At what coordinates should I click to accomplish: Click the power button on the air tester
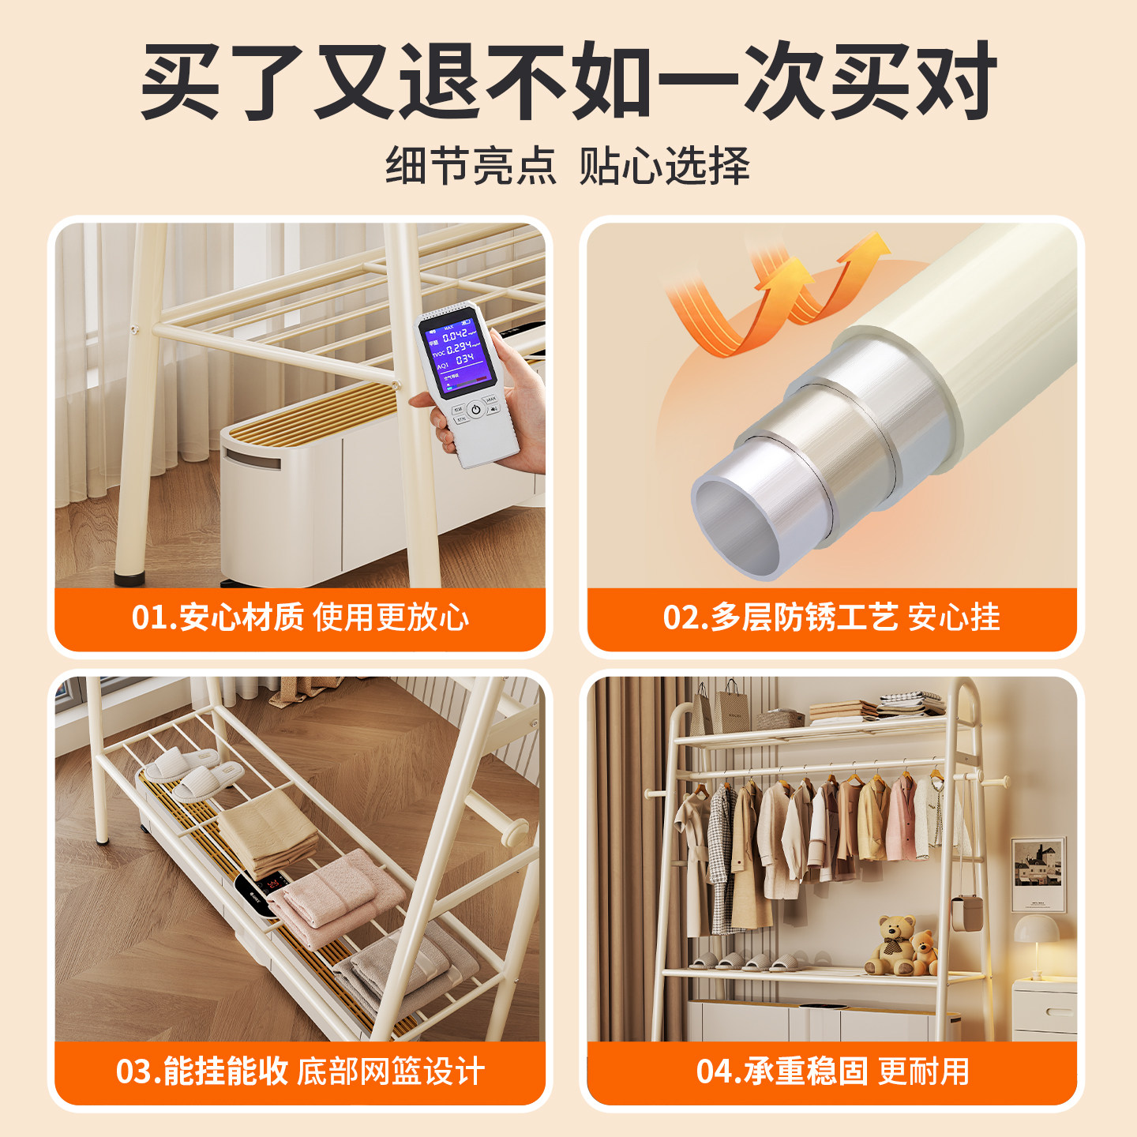[x=475, y=409]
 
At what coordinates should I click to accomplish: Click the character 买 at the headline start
[x=181, y=81]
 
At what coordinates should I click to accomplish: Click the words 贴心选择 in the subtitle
[x=664, y=166]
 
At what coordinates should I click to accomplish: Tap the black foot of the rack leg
[x=129, y=578]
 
